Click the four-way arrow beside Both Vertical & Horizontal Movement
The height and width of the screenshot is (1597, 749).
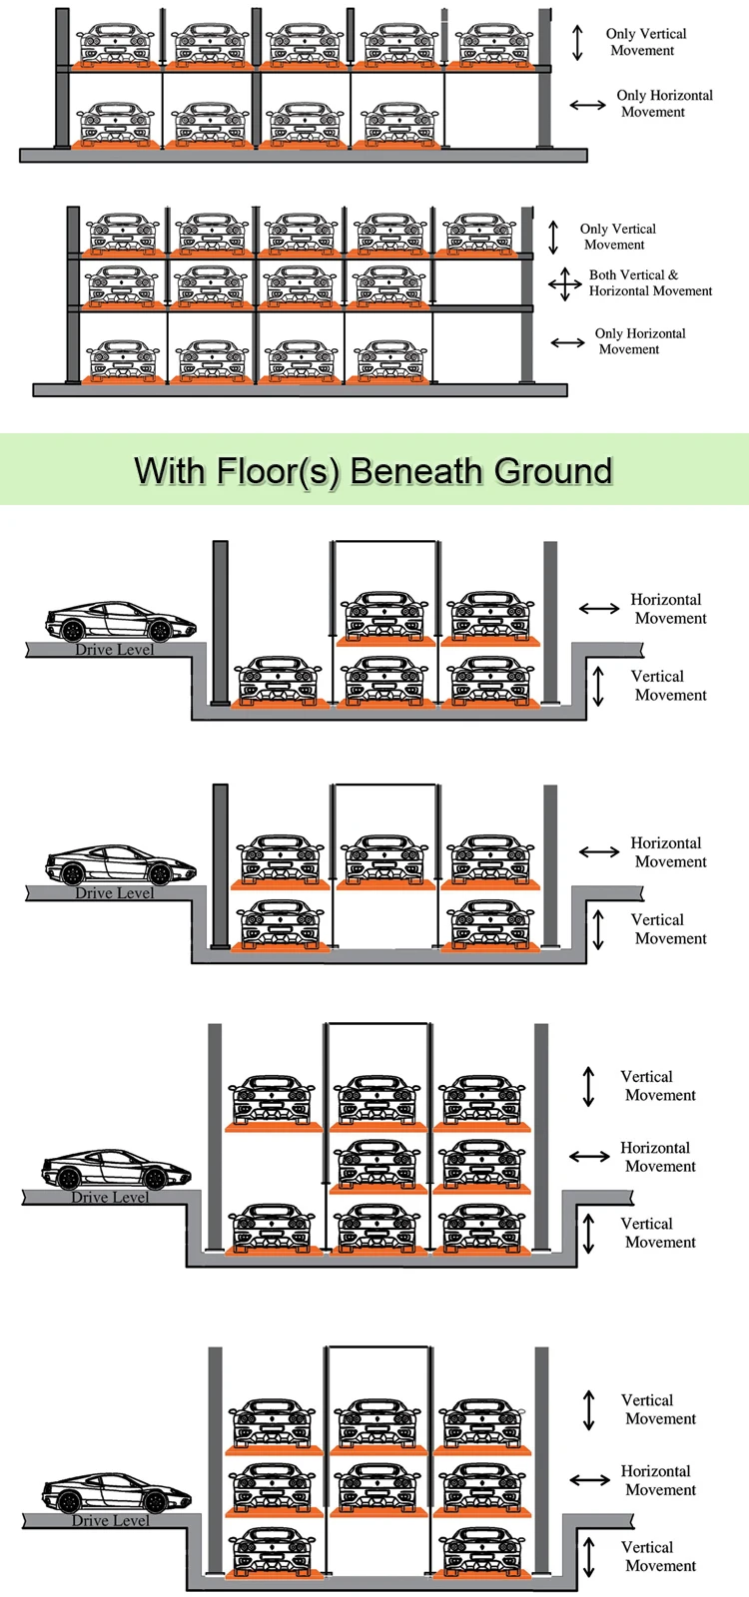click(565, 283)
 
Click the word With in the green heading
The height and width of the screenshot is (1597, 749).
click(170, 471)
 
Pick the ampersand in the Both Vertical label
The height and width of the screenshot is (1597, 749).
click(673, 274)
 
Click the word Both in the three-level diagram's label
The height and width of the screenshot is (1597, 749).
click(604, 274)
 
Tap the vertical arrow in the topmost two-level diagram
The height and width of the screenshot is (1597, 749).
click(578, 42)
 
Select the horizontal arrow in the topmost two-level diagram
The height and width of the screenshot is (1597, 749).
click(588, 105)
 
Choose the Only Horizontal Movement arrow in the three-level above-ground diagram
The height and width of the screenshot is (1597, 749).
click(568, 343)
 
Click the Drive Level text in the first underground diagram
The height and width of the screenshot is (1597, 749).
click(115, 650)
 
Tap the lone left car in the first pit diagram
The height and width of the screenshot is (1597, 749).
click(279, 682)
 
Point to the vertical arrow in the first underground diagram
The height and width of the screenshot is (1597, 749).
click(598, 685)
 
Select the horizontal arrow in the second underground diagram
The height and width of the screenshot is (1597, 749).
click(599, 852)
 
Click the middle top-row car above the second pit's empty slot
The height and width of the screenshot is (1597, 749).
click(385, 860)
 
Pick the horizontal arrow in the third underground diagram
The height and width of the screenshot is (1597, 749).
click(589, 1157)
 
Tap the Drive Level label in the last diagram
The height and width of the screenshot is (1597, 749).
click(111, 1520)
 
